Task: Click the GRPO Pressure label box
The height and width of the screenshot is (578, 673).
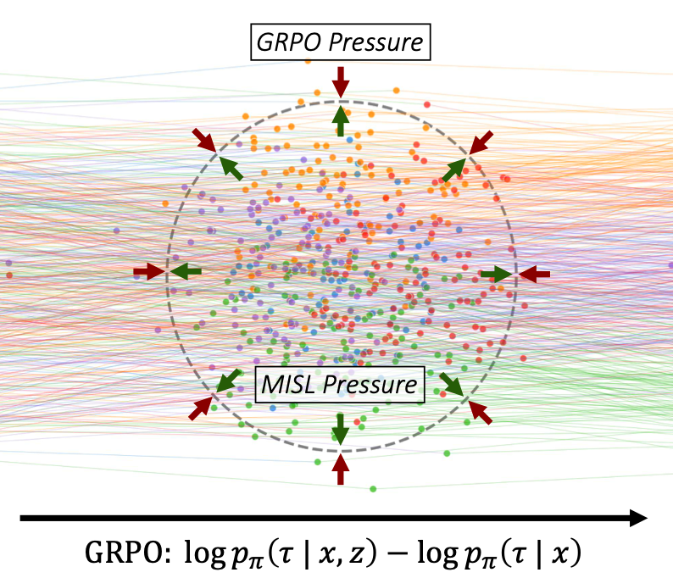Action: (x=341, y=42)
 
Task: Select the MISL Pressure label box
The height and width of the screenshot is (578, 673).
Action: (x=340, y=385)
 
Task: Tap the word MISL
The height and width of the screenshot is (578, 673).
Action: (x=288, y=385)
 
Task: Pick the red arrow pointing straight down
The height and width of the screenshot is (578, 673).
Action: (x=341, y=82)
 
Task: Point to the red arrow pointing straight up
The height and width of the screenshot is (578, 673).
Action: (x=341, y=470)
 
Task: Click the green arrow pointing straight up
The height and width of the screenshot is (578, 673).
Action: (x=341, y=121)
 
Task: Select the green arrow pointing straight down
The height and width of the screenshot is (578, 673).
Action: (x=341, y=429)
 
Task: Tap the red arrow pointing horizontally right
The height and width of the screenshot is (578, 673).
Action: (x=149, y=271)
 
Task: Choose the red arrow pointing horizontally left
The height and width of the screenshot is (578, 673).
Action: (x=534, y=274)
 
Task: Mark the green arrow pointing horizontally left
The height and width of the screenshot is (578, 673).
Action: (x=186, y=271)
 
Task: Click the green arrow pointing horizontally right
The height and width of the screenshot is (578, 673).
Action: (x=496, y=274)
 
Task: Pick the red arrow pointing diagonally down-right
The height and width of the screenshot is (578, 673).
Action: (x=204, y=140)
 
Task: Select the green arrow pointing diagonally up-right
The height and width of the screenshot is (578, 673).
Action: (x=454, y=170)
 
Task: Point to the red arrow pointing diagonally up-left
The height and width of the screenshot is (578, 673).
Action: (x=480, y=413)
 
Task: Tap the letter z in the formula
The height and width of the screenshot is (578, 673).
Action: (x=356, y=553)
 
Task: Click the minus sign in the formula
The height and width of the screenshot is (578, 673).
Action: (x=398, y=553)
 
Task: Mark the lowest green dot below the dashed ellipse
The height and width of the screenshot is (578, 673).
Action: (x=373, y=489)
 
